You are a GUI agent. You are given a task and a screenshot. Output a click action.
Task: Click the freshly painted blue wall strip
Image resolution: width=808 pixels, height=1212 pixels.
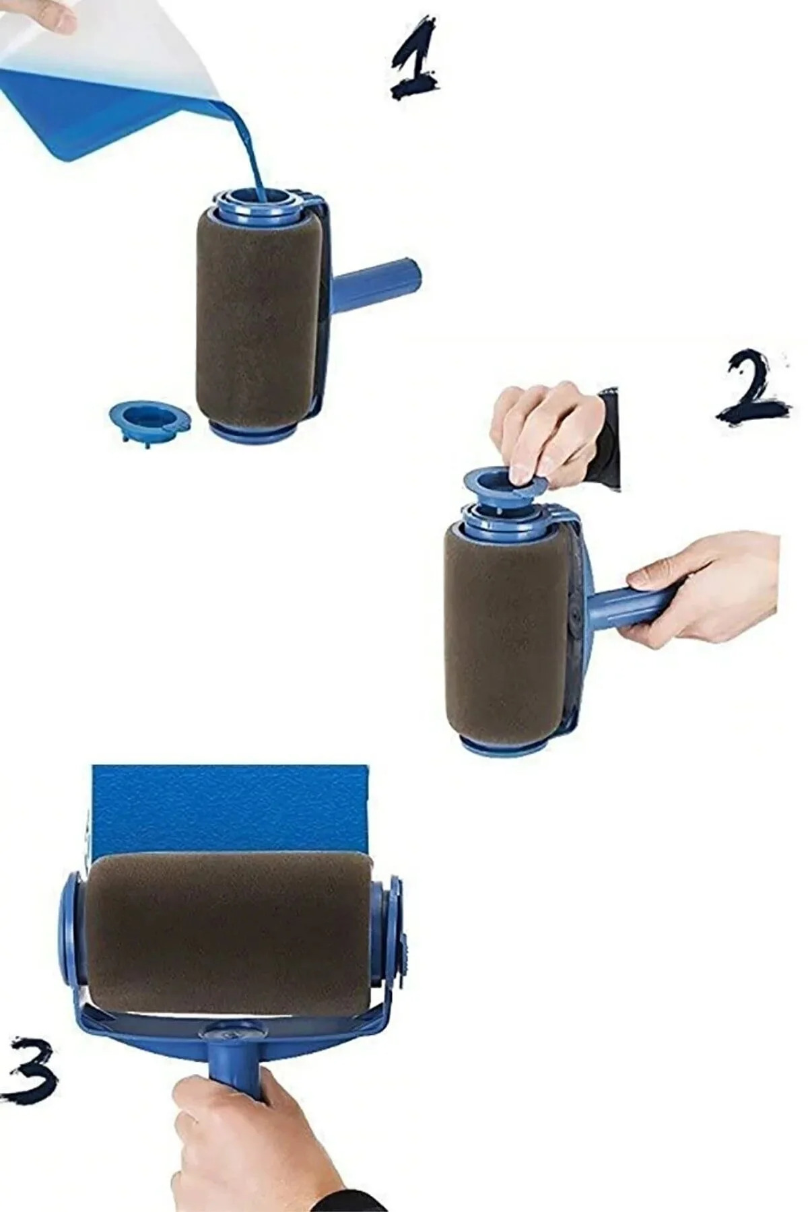(229, 808)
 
